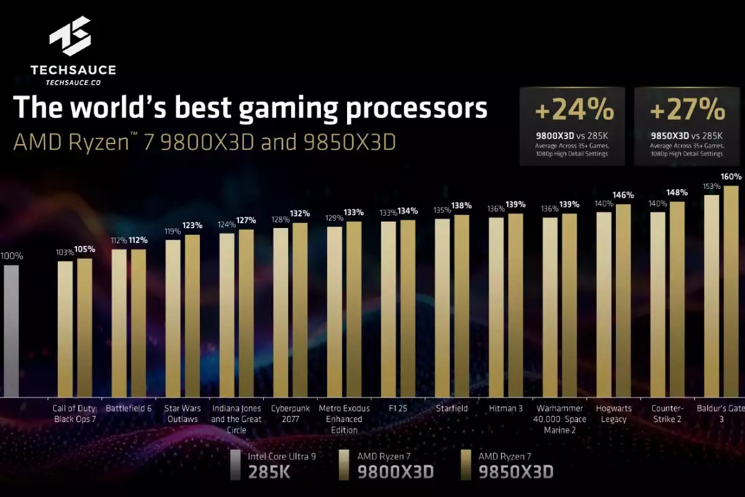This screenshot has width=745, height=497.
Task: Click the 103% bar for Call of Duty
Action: click(65, 329)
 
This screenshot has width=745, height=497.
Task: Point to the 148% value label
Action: click(678, 192)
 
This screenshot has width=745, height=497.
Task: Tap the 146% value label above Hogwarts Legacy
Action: click(623, 195)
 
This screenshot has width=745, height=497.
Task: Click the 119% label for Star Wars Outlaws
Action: click(173, 231)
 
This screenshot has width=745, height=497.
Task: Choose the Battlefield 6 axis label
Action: click(129, 409)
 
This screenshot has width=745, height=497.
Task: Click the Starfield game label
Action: click(451, 409)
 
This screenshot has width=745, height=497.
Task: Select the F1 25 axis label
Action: click(397, 409)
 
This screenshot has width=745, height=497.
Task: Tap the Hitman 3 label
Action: click(505, 409)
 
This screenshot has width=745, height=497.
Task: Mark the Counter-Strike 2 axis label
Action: click(667, 414)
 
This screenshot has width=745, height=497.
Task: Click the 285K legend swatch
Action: click(235, 465)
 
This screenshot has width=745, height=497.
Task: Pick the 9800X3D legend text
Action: click(395, 472)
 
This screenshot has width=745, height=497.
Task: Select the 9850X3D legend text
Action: click(516, 472)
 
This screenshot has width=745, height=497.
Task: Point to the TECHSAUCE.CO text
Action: click(73, 81)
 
